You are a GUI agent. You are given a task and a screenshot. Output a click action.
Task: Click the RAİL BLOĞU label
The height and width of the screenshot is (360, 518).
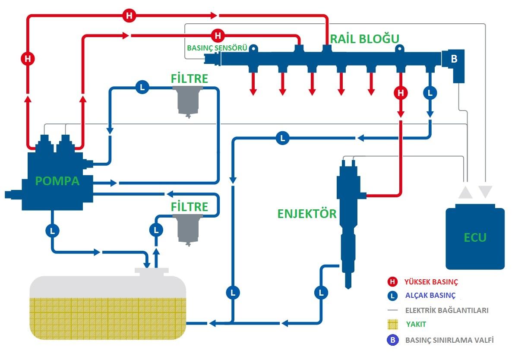(365, 38)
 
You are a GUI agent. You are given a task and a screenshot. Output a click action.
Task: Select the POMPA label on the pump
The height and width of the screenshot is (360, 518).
(57, 181)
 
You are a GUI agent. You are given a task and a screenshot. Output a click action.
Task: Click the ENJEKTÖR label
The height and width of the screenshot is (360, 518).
(307, 213)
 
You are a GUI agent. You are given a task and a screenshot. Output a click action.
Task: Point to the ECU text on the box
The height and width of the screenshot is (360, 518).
(475, 237)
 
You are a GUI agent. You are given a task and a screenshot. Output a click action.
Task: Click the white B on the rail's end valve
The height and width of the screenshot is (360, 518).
(454, 59)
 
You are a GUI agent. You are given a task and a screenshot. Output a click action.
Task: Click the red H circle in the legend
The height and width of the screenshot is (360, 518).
(392, 282)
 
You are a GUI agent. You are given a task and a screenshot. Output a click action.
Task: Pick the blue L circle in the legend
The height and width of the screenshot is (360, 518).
(392, 296)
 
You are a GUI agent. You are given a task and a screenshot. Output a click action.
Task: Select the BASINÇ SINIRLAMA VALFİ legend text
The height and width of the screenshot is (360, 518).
(449, 340)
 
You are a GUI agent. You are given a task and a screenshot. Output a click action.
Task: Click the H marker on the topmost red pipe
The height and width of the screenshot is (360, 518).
(129, 16)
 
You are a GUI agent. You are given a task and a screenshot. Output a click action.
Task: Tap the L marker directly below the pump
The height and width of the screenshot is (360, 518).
(52, 231)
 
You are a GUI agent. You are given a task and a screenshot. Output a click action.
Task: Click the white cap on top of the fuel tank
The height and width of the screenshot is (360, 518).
(151, 272)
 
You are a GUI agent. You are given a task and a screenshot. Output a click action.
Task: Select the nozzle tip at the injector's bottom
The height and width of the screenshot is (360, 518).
(347, 283)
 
